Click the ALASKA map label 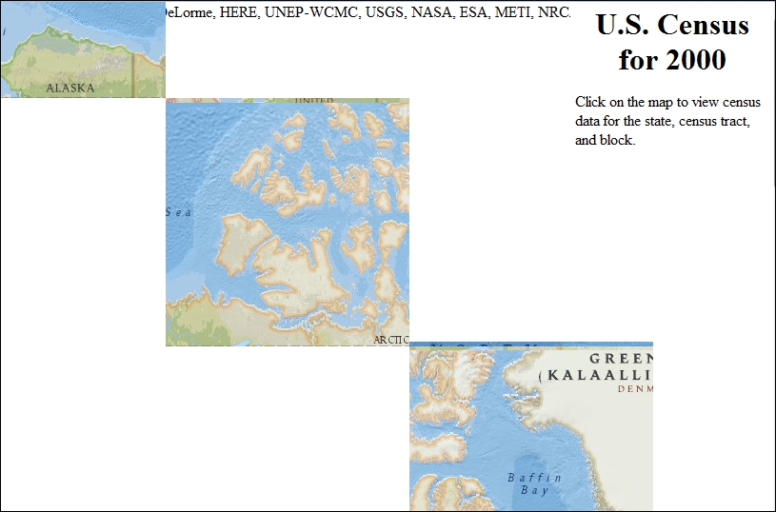[70, 88]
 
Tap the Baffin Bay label [534, 483]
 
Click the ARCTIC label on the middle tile [391, 340]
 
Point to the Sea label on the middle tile [179, 212]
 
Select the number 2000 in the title [695, 60]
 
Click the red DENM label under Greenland [635, 388]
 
